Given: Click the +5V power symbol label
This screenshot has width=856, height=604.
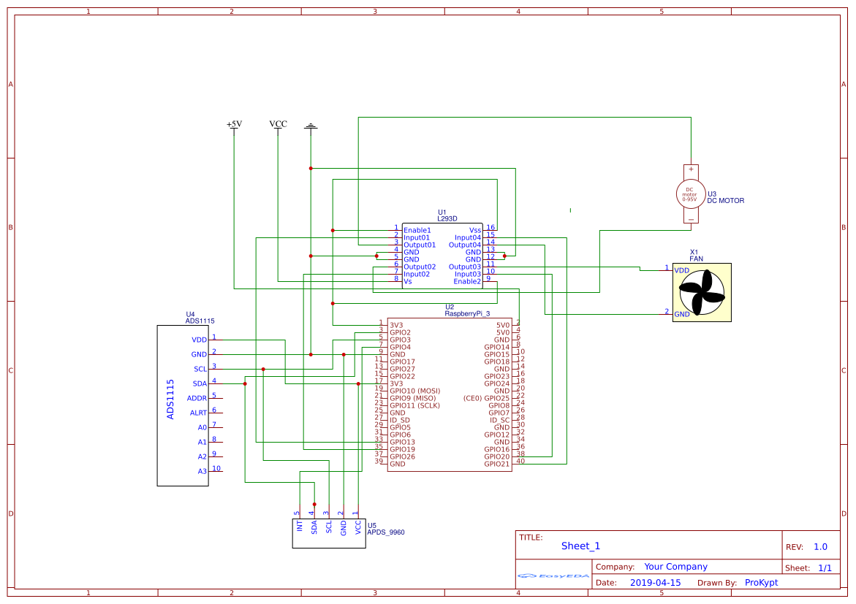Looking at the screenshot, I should [234, 124].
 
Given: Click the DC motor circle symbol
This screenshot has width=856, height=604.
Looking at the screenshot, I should [690, 194].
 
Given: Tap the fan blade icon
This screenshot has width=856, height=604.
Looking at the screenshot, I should [702, 292].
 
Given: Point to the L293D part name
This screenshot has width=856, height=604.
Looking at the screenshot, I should [447, 218].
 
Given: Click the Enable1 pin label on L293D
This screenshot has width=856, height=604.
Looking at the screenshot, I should [417, 230].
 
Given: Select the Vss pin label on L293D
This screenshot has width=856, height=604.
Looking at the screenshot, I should [475, 230].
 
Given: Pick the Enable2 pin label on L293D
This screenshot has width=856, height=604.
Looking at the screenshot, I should [467, 281].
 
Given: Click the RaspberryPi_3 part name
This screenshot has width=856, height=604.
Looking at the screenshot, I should [467, 313].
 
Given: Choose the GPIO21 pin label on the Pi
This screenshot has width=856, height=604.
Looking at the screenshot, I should [496, 464].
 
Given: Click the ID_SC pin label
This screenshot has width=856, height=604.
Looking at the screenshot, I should [499, 420].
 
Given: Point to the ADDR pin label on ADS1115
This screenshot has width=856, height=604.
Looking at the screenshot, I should [197, 398].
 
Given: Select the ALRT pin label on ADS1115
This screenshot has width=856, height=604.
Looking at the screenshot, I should [198, 413].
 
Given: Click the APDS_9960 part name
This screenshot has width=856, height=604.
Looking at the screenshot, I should [385, 532].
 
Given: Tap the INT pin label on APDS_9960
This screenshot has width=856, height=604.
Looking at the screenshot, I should [300, 526].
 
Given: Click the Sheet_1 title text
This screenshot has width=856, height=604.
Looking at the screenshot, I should [580, 546].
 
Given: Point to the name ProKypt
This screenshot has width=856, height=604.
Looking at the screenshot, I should [761, 583].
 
